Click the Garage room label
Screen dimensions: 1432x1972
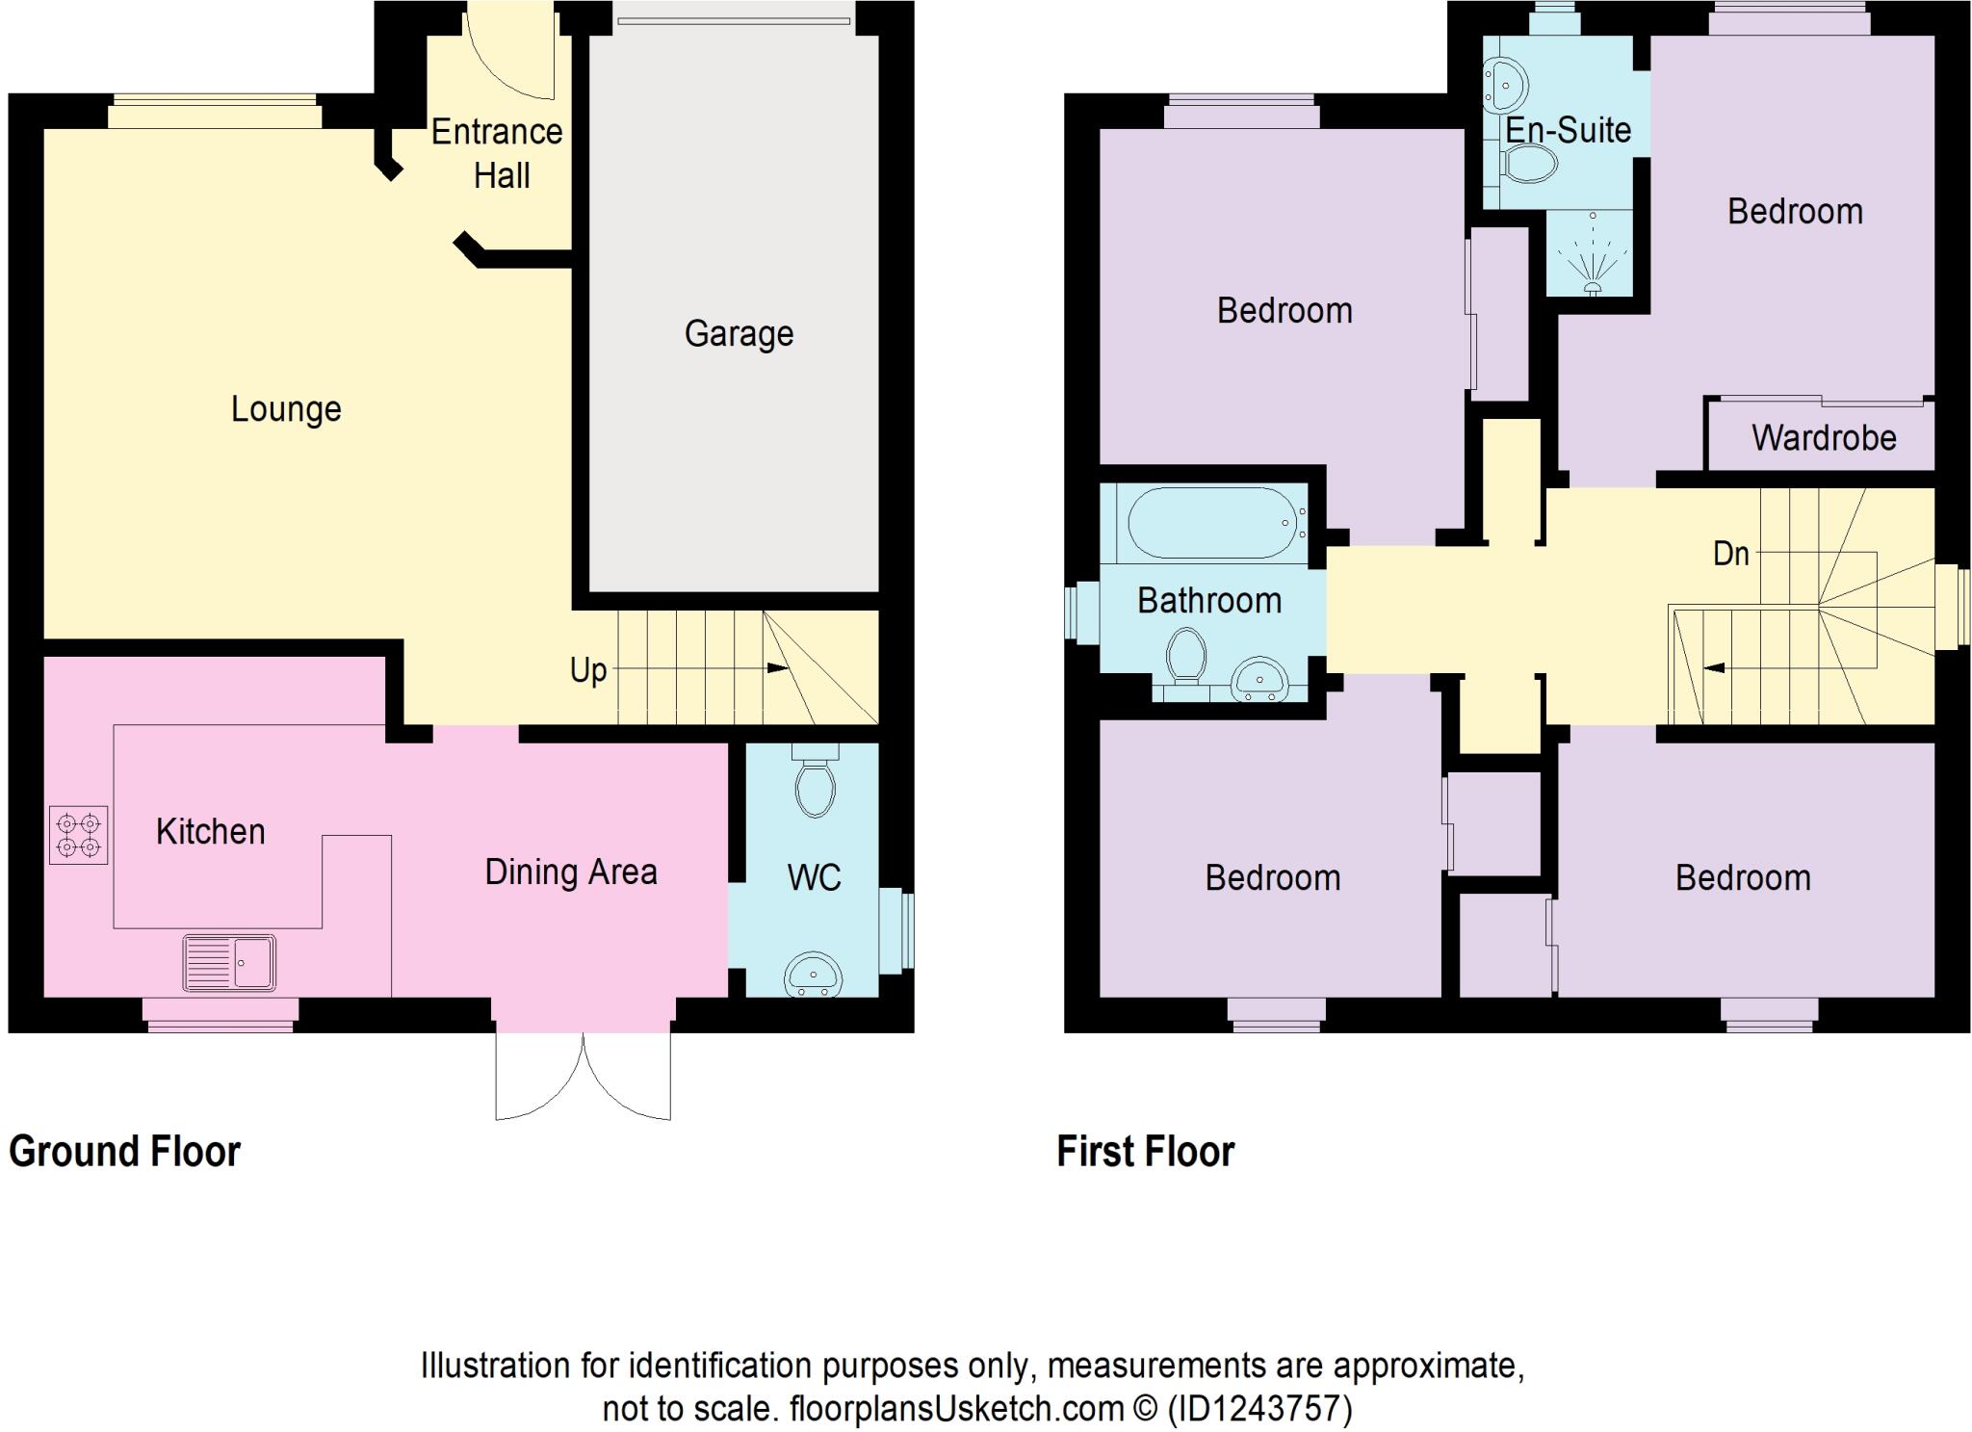click(x=739, y=334)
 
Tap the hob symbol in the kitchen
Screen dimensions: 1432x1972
click(x=78, y=835)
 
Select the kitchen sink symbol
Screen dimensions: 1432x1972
click(x=229, y=962)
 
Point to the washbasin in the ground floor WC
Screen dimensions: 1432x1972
click(x=814, y=975)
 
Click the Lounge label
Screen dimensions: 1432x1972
click(x=286, y=409)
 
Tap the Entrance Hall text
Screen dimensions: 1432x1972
click(x=497, y=153)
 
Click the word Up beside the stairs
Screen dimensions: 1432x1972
click(x=588, y=669)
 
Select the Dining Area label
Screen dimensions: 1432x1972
click(x=571, y=872)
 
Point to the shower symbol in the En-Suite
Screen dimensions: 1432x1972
click(x=1593, y=258)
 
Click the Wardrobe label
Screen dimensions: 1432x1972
click(x=1824, y=438)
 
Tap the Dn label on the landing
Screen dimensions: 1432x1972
click(x=1730, y=554)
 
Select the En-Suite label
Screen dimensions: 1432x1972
click(x=1568, y=130)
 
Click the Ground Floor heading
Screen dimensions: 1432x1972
click(x=125, y=1152)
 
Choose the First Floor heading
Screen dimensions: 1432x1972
click(x=1146, y=1152)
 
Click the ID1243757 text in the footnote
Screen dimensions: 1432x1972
click(x=1259, y=1409)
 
